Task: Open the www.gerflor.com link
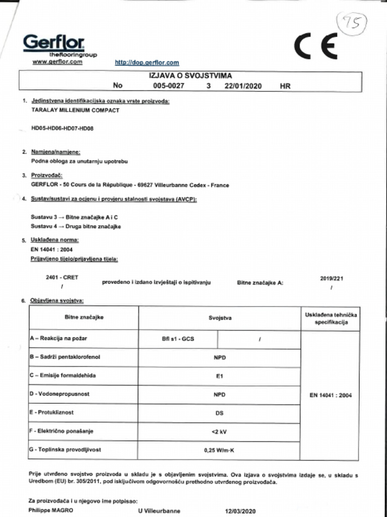57,62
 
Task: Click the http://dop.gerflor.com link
147,63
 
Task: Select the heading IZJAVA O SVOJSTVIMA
190,76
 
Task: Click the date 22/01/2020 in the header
243,86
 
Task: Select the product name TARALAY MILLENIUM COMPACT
75,110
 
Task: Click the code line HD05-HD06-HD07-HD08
62,128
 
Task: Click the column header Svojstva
220,319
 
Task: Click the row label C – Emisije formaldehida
63,375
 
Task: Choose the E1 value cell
219,376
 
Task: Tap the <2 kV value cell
219,431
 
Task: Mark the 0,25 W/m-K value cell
219,450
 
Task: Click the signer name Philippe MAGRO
50,510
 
